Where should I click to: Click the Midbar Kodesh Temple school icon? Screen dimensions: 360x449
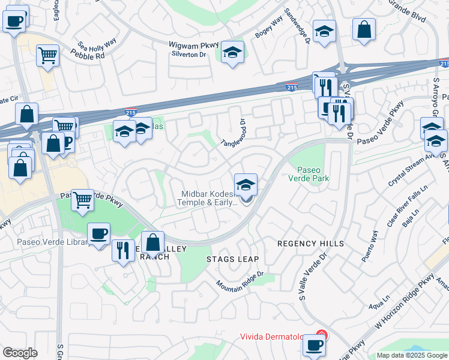tap(246, 185)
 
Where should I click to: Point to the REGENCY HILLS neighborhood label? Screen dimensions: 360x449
tap(310, 244)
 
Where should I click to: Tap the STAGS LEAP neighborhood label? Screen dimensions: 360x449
tap(232, 259)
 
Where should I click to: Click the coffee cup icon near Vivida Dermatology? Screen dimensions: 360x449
tap(314, 346)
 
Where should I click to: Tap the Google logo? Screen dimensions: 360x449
tap(20, 353)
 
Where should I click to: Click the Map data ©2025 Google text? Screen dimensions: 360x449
tap(412, 355)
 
